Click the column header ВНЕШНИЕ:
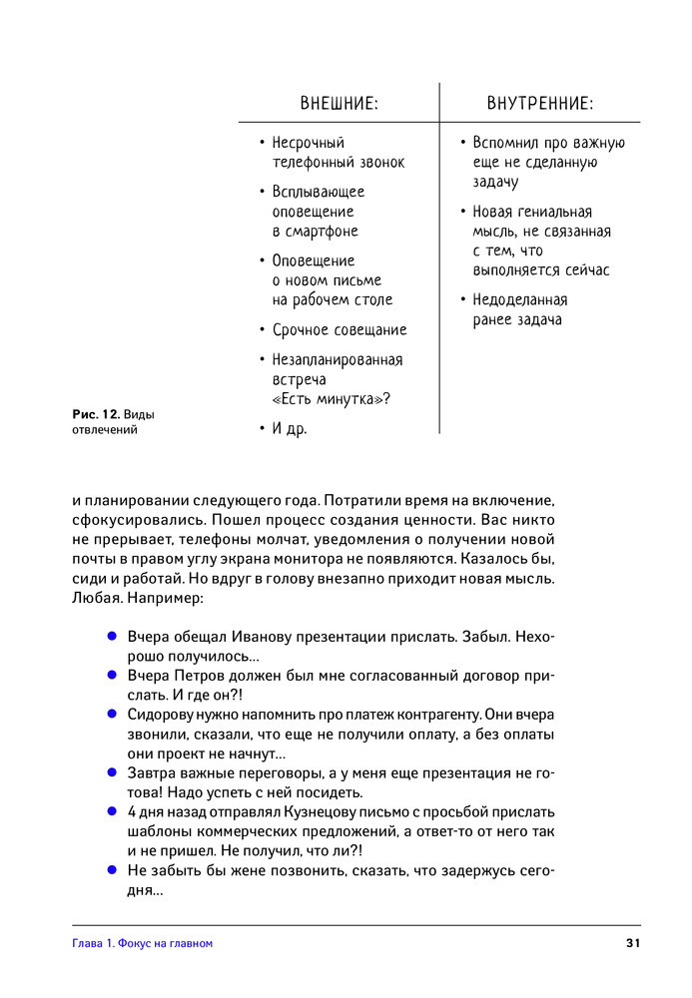tap(339, 104)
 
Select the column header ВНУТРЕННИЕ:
tap(540, 104)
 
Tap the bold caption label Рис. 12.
tap(96, 413)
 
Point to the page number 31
tap(632, 943)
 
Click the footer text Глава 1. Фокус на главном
tap(143, 943)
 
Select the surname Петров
tap(206, 676)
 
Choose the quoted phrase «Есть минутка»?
tap(331, 399)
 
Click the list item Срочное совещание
tap(340, 330)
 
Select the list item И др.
tap(290, 429)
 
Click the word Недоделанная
tap(520, 300)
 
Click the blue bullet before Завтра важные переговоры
tap(112, 772)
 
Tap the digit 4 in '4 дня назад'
tap(132, 811)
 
